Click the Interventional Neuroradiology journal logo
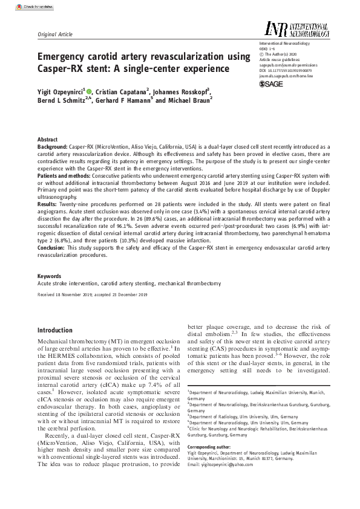coord(296,28)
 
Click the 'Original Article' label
coord(56,35)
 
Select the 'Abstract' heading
coord(48,139)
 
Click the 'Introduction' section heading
coord(55,330)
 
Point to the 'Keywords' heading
coord(49,276)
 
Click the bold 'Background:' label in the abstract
coord(53,147)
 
